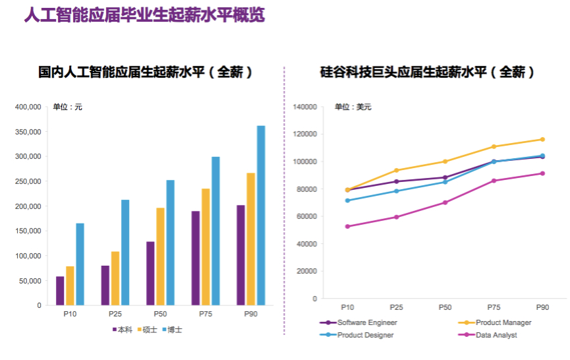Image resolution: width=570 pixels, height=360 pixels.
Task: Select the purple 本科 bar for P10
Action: point(60,291)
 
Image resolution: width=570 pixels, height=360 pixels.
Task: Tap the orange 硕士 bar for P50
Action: point(160,256)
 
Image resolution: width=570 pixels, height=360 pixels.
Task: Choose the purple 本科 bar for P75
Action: point(196,258)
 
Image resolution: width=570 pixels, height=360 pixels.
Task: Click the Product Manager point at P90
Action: point(542,139)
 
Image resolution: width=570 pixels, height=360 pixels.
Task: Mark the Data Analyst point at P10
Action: point(347,226)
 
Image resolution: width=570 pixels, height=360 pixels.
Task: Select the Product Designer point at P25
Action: point(396,191)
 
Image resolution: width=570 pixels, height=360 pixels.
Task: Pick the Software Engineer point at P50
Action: point(445,177)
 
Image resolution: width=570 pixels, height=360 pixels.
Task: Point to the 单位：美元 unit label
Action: point(353,107)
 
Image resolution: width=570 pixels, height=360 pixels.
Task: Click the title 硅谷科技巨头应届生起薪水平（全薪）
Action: point(427,73)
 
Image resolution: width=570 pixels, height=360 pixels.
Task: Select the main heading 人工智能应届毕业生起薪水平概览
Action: point(144,16)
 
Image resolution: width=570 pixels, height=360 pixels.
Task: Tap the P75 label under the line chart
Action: point(494,307)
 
